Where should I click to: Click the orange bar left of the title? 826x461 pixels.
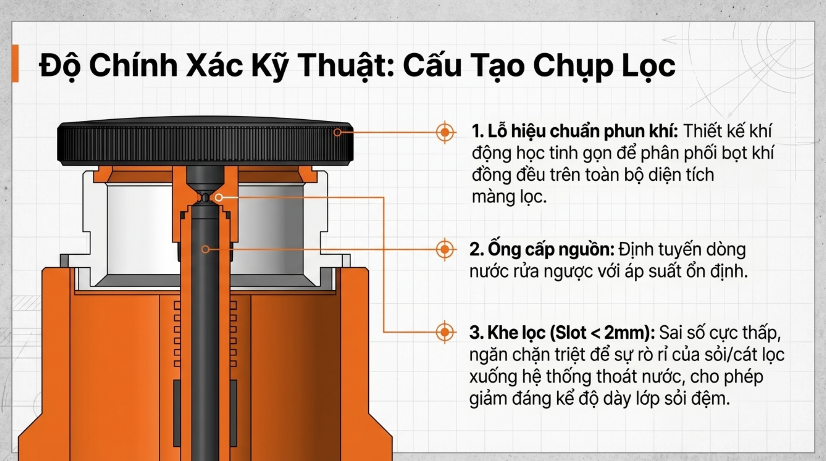(x=15, y=63)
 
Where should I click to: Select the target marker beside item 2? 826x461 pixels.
(x=445, y=249)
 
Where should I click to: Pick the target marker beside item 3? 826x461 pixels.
(x=445, y=332)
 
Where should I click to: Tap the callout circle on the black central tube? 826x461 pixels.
(x=206, y=249)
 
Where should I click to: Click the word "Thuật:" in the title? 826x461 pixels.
(x=347, y=66)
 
